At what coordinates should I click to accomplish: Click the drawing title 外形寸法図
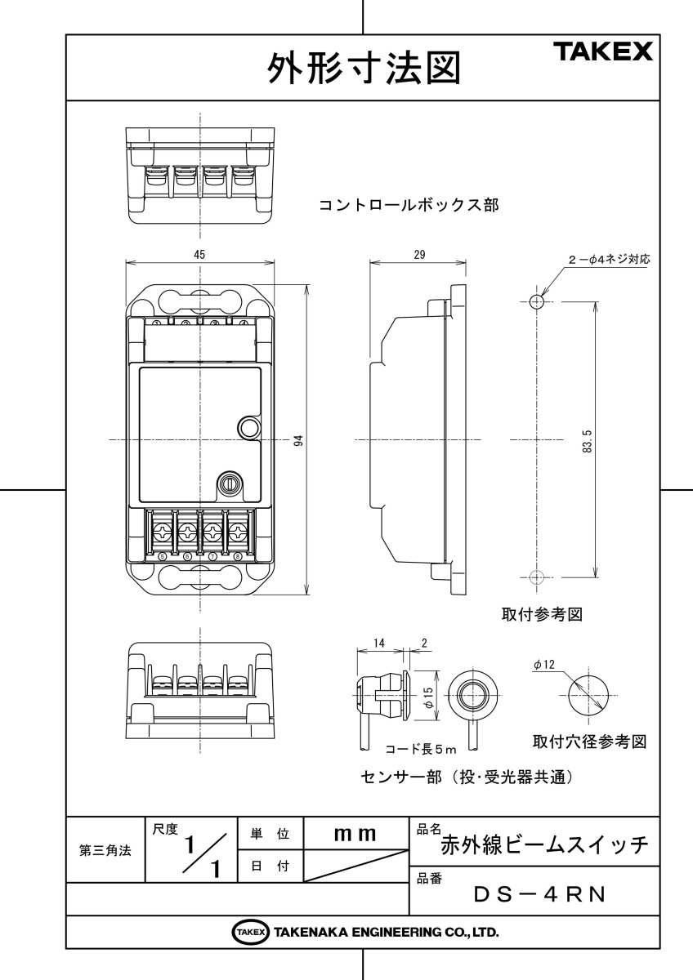tap(363, 69)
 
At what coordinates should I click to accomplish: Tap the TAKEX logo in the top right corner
tap(605, 53)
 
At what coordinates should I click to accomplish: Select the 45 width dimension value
tap(199, 254)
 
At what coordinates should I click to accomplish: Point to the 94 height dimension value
tap(299, 440)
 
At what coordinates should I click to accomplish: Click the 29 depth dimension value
tap(419, 254)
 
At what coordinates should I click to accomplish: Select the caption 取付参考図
tap(541, 614)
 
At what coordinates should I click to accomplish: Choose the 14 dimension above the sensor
tap(378, 644)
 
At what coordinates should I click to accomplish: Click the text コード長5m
tap(420, 747)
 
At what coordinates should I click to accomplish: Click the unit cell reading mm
tap(355, 834)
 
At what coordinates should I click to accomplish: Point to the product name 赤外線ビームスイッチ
tap(544, 844)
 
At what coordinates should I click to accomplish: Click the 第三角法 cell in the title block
tap(105, 850)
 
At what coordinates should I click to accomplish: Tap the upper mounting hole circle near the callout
tap(535, 301)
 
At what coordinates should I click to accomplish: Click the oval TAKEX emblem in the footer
tap(250, 932)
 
